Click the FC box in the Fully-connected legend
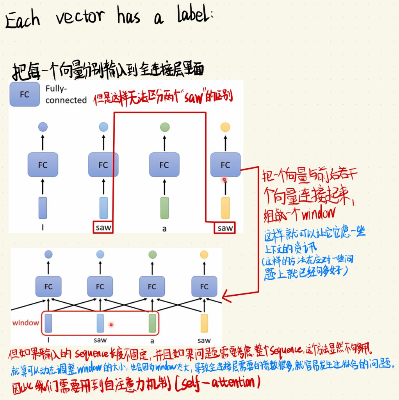[x=24, y=94]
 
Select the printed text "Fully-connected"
[x=66, y=94]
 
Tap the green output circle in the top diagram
[x=164, y=127]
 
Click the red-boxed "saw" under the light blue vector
[x=103, y=227]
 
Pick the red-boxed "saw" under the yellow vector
[x=225, y=228]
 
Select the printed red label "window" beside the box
[x=26, y=323]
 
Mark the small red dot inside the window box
[x=111, y=324]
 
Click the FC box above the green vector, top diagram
[x=164, y=165]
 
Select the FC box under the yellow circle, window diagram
[x=204, y=287]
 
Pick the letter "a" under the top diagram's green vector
[x=164, y=229]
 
